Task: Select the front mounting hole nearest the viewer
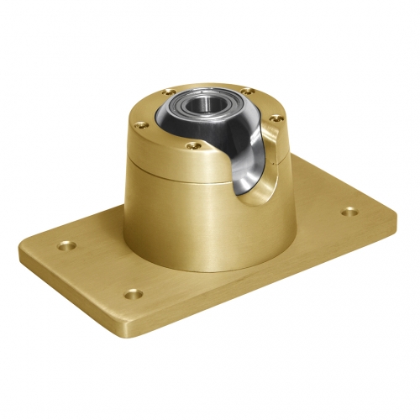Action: click(130, 294)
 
